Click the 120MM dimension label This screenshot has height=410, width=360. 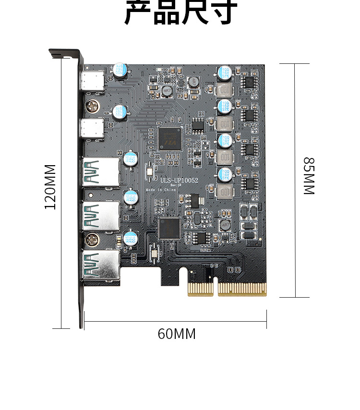(x=51, y=187)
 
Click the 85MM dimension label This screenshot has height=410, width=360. (x=308, y=176)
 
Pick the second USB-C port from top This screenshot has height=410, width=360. (x=93, y=128)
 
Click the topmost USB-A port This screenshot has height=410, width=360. (x=101, y=171)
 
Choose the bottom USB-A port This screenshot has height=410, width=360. (x=101, y=265)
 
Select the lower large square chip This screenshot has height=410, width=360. (x=168, y=228)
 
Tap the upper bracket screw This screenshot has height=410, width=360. (x=92, y=105)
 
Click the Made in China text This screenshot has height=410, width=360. (x=161, y=190)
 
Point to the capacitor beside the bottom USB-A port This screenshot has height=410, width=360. (x=131, y=239)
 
